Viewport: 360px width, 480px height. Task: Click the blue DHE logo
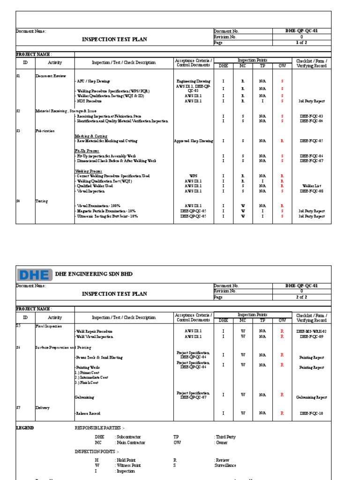[34, 274]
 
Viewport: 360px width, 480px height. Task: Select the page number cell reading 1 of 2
[301, 42]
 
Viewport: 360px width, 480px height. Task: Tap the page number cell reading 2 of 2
[301, 297]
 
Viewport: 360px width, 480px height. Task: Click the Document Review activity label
[51, 75]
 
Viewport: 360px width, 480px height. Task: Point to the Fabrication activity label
[45, 131]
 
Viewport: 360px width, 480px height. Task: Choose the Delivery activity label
[43, 408]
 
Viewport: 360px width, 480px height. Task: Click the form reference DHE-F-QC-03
[312, 116]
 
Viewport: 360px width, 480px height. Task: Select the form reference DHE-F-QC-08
[312, 191]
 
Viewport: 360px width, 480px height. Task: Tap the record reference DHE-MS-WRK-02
[312, 331]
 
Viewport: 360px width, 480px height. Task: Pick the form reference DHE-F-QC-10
[312, 413]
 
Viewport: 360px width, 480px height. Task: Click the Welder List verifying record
[312, 186]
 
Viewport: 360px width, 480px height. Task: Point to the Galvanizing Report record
[312, 397]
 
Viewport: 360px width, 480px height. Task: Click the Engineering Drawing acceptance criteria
[194, 81]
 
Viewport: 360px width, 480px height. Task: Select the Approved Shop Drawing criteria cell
[194, 141]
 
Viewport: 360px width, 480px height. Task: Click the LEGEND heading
[25, 428]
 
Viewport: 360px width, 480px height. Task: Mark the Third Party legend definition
[226, 437]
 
